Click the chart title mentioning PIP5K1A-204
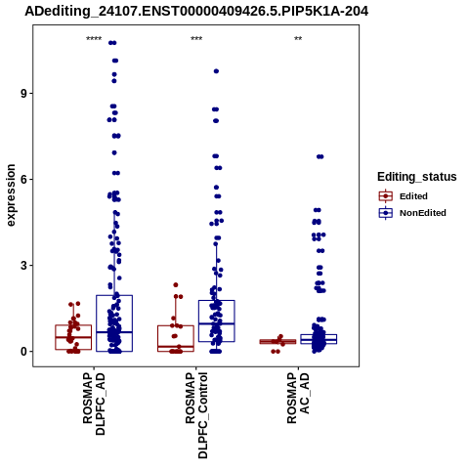(x=196, y=12)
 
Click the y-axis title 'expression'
(x=11, y=195)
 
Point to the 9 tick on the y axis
(x=24, y=94)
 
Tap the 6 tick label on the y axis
(x=24, y=180)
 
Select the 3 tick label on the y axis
(x=24, y=266)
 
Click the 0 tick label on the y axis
(x=24, y=352)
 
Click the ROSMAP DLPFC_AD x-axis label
(x=94, y=404)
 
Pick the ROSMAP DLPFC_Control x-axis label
(x=196, y=415)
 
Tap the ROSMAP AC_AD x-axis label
(x=298, y=398)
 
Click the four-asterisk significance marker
(x=94, y=39)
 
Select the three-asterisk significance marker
(x=196, y=39)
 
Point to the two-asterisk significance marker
(x=298, y=39)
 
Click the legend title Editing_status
(x=417, y=177)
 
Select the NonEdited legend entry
(x=412, y=213)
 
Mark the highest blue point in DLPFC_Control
(x=216, y=71)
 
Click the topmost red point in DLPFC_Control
(x=176, y=285)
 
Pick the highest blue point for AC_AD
(x=320, y=156)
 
